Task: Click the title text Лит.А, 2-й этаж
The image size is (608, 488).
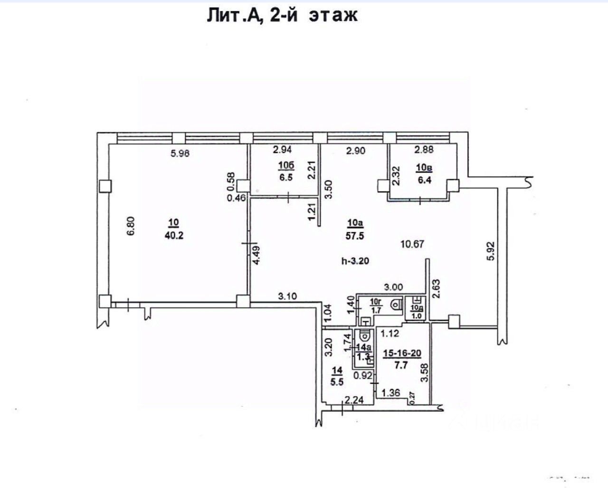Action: tap(282, 15)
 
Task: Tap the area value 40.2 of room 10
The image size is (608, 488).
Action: tap(174, 235)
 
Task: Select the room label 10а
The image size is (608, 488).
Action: tap(354, 222)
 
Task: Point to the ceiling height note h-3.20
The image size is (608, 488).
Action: tap(355, 260)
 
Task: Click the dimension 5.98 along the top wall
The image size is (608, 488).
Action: tap(183, 153)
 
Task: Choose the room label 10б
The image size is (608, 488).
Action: tap(285, 165)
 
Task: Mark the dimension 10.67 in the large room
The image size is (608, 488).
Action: tap(412, 244)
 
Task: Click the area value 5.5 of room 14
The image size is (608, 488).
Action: tap(338, 381)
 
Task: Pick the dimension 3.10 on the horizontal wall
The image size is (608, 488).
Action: tap(288, 296)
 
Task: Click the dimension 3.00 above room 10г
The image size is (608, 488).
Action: tap(393, 287)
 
